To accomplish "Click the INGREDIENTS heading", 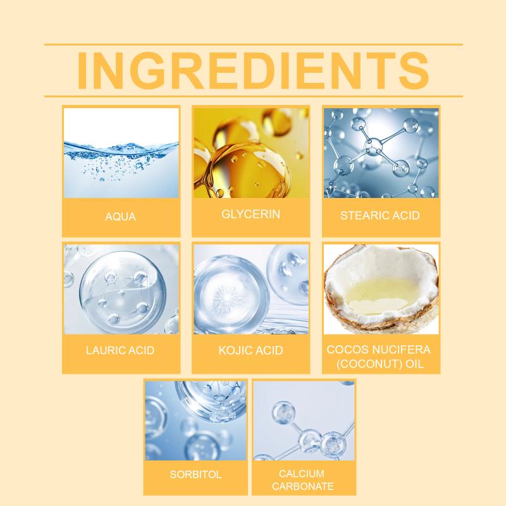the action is click(x=253, y=70).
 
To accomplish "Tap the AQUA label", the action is click(x=120, y=216).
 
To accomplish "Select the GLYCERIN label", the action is click(x=250, y=214).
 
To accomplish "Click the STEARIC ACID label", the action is click(x=380, y=215).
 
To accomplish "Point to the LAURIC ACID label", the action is click(x=120, y=350).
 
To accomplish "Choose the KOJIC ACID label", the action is click(x=250, y=350).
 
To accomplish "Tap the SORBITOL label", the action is click(x=195, y=474).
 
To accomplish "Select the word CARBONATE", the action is click(x=303, y=486).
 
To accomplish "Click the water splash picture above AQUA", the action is click(x=121, y=153).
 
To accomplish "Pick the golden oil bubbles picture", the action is click(x=251, y=153).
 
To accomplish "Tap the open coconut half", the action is click(x=381, y=289).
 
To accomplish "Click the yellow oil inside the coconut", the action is click(x=380, y=295).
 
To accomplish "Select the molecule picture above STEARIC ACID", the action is click(x=381, y=153).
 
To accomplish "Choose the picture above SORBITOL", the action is click(x=195, y=421).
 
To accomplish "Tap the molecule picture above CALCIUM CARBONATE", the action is click(x=304, y=421).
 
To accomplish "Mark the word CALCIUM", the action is click(x=302, y=473).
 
